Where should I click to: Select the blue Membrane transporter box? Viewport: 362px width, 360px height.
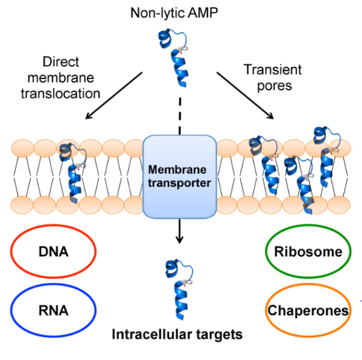pyautogui.click(x=179, y=176)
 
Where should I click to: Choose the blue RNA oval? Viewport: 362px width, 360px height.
pyautogui.click(x=53, y=310)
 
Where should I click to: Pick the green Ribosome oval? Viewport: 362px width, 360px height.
pyautogui.click(x=308, y=251)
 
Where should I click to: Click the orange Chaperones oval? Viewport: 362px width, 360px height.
pyautogui.click(x=308, y=310)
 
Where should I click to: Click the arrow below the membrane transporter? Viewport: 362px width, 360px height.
pyautogui.click(x=179, y=231)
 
